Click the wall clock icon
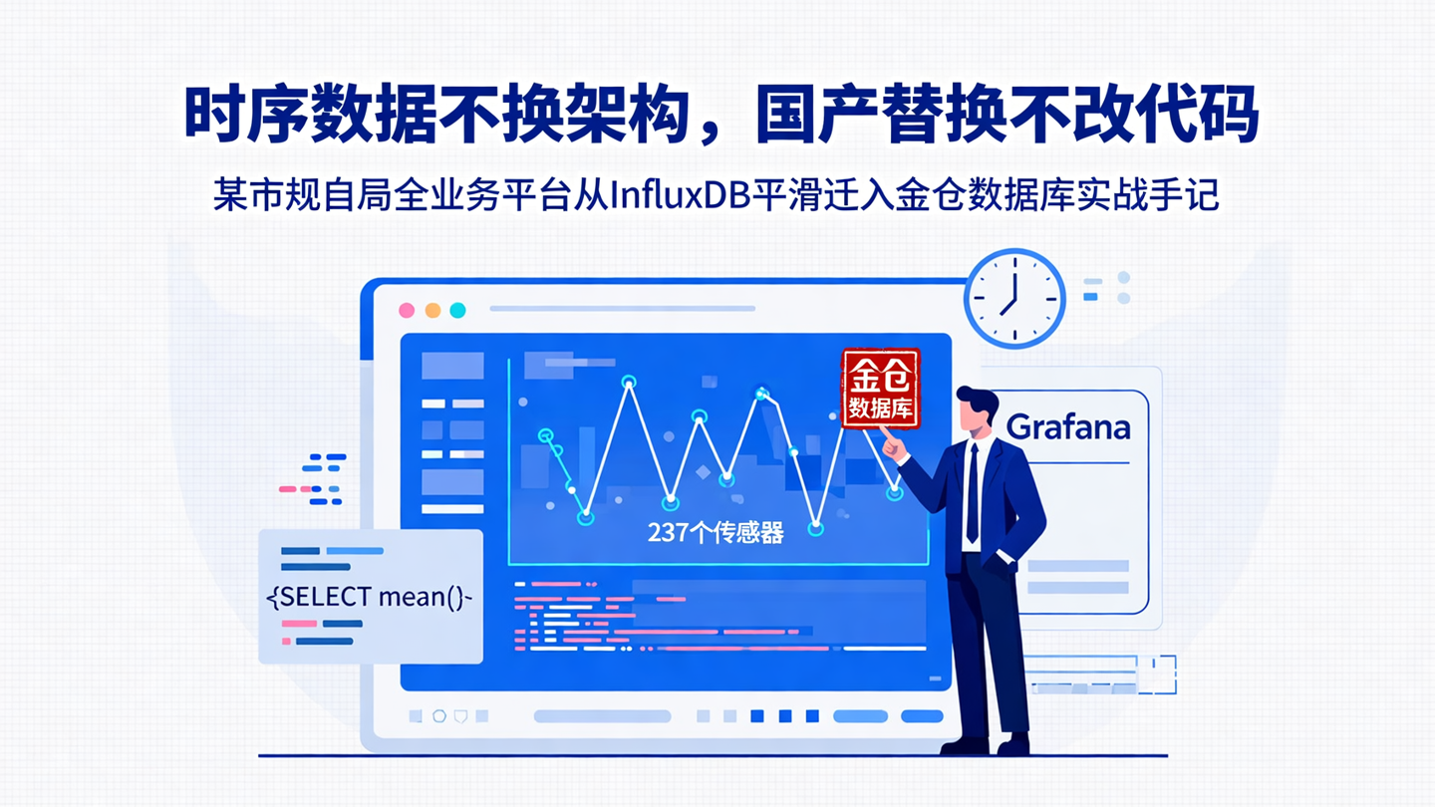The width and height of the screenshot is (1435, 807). (1014, 299)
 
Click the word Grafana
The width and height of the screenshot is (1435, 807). (1067, 427)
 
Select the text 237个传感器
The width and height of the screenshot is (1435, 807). (716, 533)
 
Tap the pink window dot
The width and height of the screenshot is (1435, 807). (407, 310)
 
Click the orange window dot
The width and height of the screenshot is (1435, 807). (432, 310)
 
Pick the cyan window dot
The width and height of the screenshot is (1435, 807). (457, 310)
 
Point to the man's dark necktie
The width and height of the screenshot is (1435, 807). (972, 493)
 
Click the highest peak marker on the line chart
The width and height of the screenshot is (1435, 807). (629, 382)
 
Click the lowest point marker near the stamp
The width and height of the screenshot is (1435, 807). (816, 529)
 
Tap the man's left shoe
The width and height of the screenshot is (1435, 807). (963, 744)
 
